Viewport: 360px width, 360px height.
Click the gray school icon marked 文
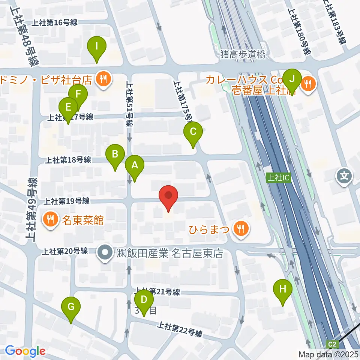pos(344,175)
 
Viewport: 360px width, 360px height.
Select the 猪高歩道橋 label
pos(243,55)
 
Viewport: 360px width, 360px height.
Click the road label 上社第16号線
pos(55,23)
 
